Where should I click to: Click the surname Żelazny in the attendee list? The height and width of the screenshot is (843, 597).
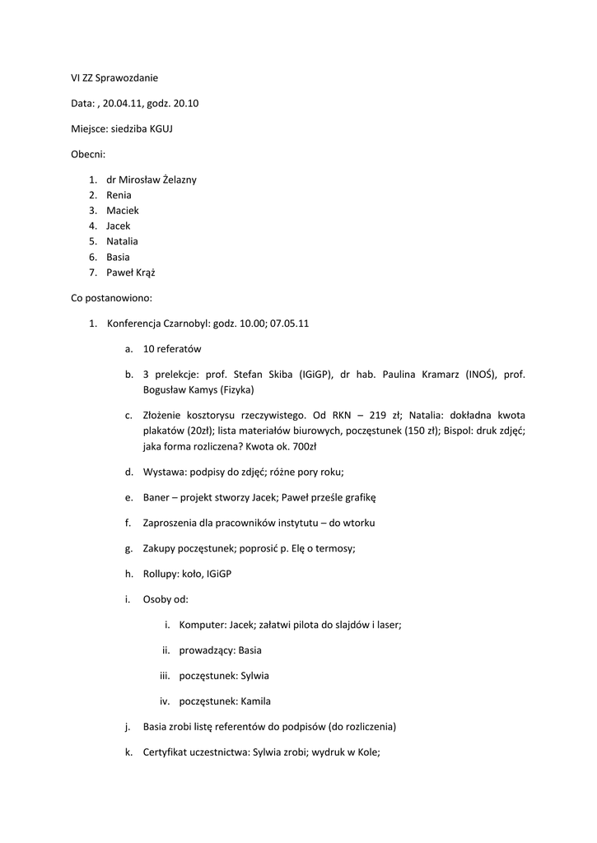[x=176, y=179]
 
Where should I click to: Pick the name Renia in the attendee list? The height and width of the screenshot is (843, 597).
[x=119, y=195]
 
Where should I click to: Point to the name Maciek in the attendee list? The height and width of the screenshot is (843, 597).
[x=122, y=210]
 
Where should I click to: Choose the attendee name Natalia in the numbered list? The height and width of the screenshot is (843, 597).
[x=122, y=241]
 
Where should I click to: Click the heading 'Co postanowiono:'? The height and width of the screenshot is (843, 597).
[x=111, y=298]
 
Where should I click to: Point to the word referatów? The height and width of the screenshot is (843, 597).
[x=179, y=349]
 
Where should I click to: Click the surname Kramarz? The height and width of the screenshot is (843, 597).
[x=436, y=375]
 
